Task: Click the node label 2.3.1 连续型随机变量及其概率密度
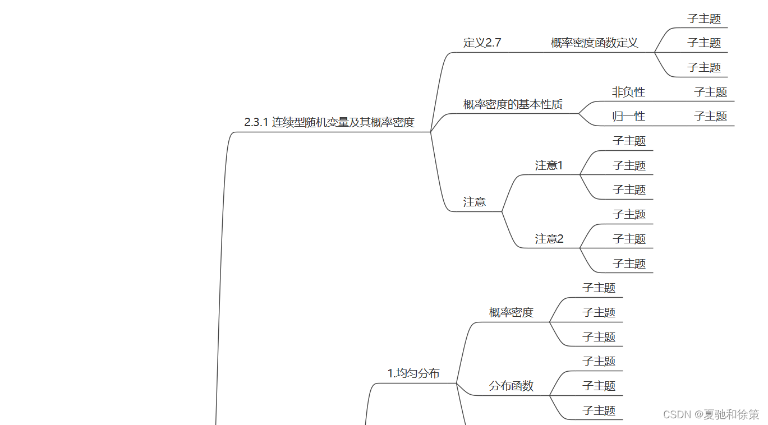point(329,122)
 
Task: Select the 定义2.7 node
point(482,43)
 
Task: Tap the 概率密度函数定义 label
point(594,43)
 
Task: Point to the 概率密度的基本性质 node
point(513,104)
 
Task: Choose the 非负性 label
point(628,92)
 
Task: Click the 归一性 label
point(628,116)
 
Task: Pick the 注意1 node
point(549,165)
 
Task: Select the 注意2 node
point(549,239)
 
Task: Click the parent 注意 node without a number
point(475,202)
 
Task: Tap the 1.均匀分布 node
point(413,373)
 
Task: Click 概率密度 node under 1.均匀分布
point(511,312)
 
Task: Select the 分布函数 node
point(511,386)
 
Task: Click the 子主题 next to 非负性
point(710,92)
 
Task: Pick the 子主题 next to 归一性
point(710,116)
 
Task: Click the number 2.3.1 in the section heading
point(256,122)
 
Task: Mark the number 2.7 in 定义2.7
point(493,43)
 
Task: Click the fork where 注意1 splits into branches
point(580,175)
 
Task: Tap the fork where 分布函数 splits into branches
point(550,395)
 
